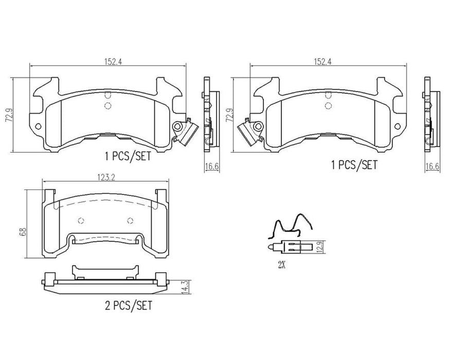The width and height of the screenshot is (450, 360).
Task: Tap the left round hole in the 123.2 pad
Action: (81, 221)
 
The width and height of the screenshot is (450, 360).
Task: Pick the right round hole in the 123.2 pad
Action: (130, 221)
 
